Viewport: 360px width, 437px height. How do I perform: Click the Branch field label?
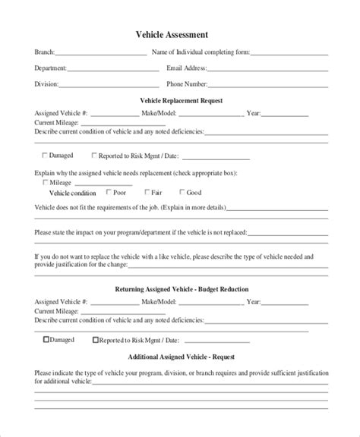[44, 53]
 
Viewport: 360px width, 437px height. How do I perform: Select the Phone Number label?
[187, 83]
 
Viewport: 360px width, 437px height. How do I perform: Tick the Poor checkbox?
[109, 192]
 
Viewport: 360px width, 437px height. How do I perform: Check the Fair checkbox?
[144, 192]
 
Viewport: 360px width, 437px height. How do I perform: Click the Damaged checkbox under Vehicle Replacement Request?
[44, 156]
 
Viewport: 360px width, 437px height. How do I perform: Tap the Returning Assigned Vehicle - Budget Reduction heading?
[182, 289]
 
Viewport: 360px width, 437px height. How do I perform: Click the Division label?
[46, 83]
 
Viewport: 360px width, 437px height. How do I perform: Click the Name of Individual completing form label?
[201, 53]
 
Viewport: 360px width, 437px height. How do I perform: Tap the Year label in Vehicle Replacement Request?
[254, 113]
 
